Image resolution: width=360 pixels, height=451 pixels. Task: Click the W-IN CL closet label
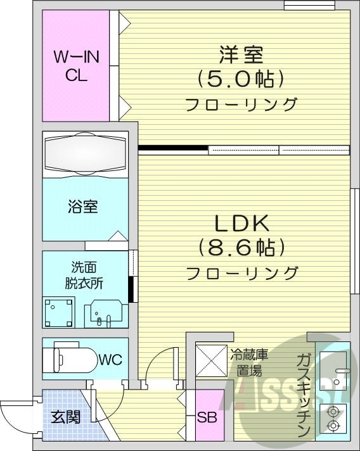(x=75, y=66)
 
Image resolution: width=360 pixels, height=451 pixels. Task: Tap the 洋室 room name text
(x=241, y=55)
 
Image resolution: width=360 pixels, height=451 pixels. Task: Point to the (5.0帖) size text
(x=241, y=79)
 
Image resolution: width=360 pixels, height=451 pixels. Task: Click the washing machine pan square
(x=60, y=312)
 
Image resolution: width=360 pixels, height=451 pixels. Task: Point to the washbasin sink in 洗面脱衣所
(x=105, y=312)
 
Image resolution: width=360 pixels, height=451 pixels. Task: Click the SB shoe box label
(x=205, y=418)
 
